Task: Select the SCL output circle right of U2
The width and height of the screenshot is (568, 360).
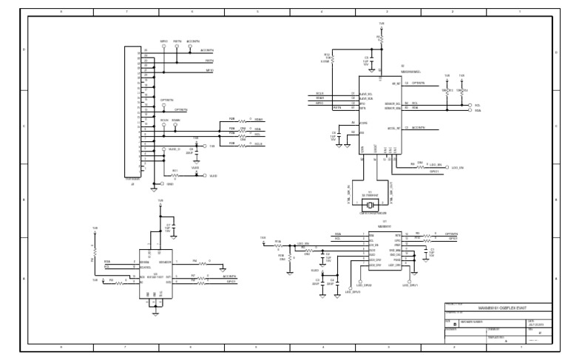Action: click(x=470, y=105)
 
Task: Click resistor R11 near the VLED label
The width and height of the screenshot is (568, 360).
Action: click(x=175, y=176)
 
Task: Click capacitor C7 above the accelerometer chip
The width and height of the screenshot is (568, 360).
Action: click(x=168, y=228)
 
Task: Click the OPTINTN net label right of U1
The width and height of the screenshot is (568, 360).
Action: click(x=450, y=233)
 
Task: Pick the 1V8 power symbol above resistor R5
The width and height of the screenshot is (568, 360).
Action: click(x=94, y=231)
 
